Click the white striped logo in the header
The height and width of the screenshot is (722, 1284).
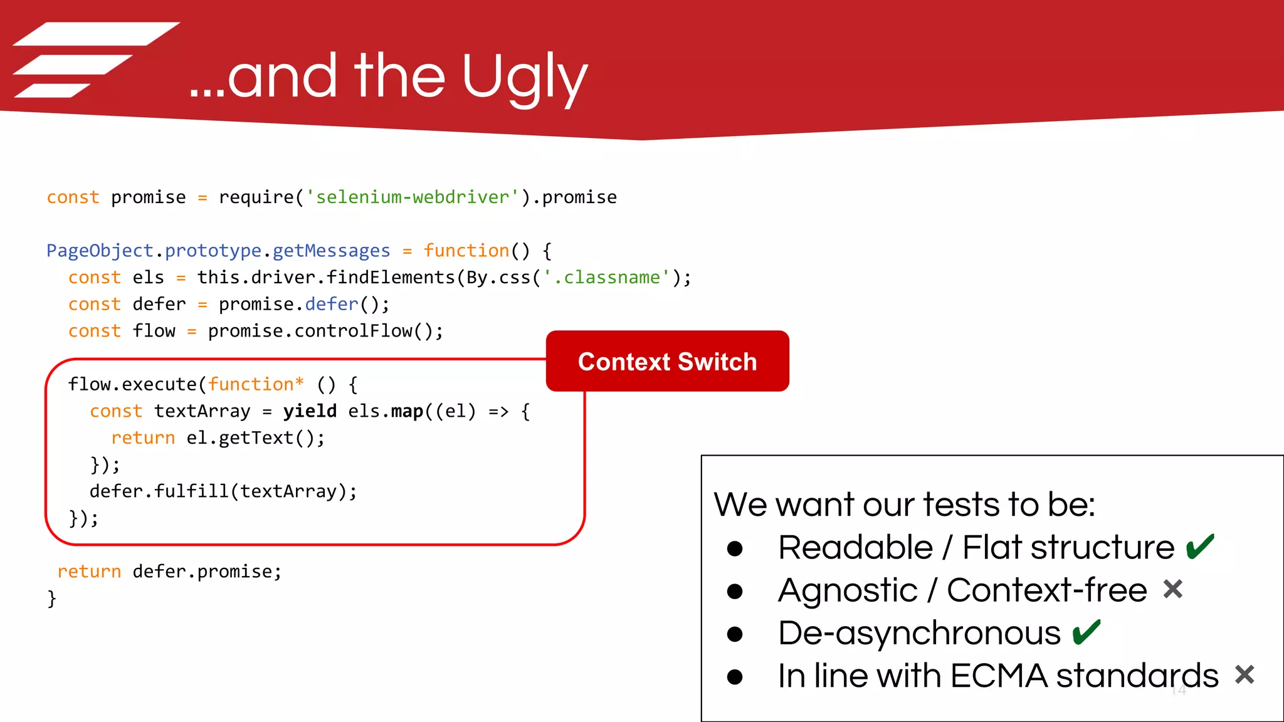coord(94,60)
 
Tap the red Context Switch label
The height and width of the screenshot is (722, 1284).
coord(667,362)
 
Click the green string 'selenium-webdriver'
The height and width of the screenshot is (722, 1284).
coord(412,197)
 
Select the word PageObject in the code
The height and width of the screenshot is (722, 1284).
coord(100,251)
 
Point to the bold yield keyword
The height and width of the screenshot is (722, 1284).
coord(310,411)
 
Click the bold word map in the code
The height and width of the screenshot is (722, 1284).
coord(407,411)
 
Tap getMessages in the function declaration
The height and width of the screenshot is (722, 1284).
coord(331,251)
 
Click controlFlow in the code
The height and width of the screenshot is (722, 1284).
coord(353,331)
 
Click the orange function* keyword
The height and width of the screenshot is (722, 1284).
coord(256,384)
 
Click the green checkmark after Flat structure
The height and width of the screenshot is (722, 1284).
coord(1200,547)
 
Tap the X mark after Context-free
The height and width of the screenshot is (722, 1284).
coord(1172,590)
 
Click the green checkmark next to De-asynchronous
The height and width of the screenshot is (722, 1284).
coord(1086,632)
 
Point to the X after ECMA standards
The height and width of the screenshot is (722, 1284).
coord(1245,675)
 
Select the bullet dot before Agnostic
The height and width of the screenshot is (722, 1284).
coord(735,591)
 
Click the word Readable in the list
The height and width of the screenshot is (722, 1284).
coord(855,548)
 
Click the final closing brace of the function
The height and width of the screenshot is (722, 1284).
coord(51,599)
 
